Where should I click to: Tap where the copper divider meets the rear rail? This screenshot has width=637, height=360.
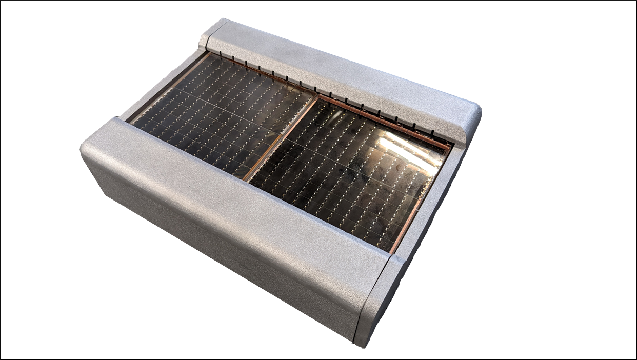(316, 95)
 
